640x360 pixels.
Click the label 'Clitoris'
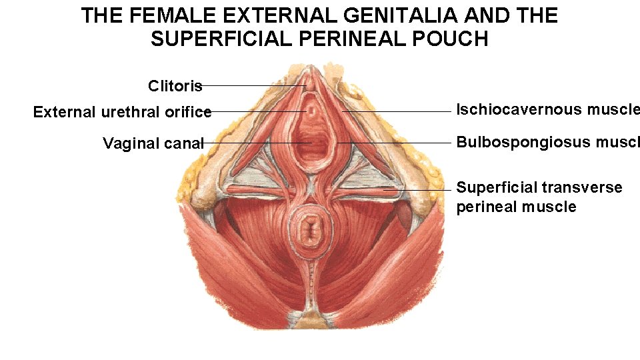point(175,86)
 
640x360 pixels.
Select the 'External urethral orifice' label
point(122,112)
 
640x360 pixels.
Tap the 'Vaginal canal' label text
point(153,143)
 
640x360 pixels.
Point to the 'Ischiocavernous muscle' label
point(547,110)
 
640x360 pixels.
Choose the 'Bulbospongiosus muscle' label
point(547,142)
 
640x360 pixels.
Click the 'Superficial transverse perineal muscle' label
point(539,197)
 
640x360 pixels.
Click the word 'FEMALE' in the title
point(167,16)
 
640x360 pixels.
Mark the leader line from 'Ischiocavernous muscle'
point(400,111)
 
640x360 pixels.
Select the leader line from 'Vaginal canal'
point(253,143)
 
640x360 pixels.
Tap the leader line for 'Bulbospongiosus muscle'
point(400,143)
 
